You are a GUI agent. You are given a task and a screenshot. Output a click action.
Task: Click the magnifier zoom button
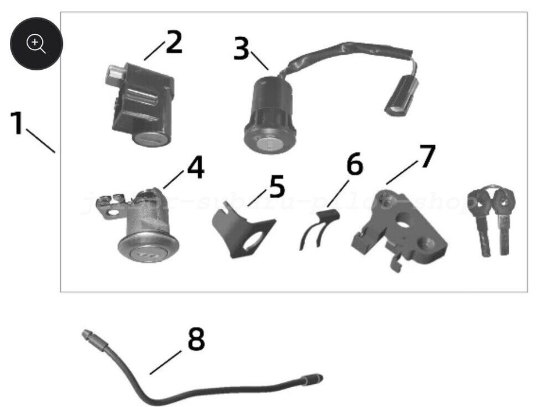pyautogui.click(x=36, y=43)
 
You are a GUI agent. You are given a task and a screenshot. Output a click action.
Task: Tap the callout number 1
pyautogui.click(x=17, y=123)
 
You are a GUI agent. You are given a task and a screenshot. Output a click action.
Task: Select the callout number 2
pyautogui.click(x=173, y=42)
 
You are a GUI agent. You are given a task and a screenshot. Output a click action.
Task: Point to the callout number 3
pyautogui.click(x=241, y=49)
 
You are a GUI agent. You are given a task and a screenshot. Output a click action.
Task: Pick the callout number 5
pyautogui.click(x=277, y=187)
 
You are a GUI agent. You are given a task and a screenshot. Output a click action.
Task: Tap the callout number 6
pyautogui.click(x=355, y=165)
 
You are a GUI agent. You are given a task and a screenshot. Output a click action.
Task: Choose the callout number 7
pyautogui.click(x=427, y=156)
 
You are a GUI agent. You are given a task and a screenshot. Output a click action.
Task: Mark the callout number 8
pyautogui.click(x=196, y=339)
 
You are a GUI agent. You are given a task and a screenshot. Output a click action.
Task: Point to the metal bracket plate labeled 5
pyautogui.click(x=239, y=233)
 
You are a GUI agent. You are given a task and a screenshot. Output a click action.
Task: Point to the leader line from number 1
pyautogui.click(x=41, y=141)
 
